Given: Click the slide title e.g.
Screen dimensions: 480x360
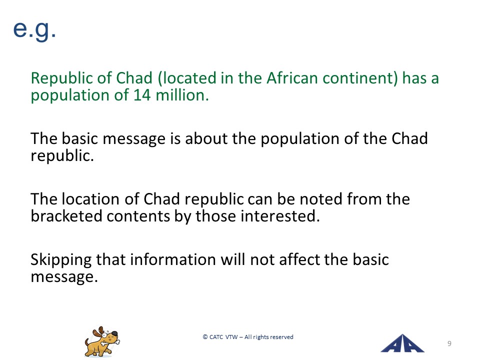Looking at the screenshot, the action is click(x=34, y=29).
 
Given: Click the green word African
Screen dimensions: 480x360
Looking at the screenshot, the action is click(x=292, y=78).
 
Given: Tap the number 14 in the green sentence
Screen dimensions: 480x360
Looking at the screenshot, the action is click(x=141, y=95).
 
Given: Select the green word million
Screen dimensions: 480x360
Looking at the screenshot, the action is click(x=182, y=95).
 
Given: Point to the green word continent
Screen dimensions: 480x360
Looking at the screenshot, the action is click(x=360, y=78).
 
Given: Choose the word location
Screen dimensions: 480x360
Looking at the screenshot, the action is click(x=90, y=199).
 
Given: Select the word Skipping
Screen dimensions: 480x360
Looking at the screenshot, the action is click(x=61, y=260).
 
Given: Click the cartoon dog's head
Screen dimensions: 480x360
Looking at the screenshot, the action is click(x=106, y=335).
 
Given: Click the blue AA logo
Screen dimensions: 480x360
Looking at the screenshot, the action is click(x=402, y=343).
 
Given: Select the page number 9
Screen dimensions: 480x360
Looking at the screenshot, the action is click(x=449, y=343).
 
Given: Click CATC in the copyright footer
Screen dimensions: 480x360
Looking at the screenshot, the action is click(x=216, y=337).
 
